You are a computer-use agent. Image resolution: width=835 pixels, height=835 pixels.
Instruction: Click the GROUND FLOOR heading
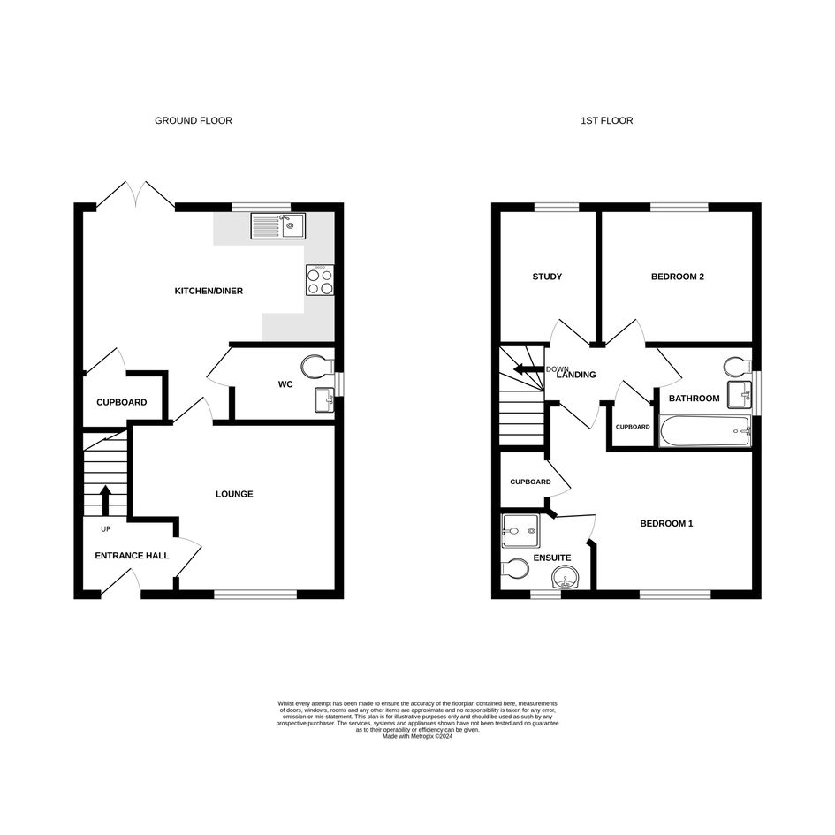[194, 121]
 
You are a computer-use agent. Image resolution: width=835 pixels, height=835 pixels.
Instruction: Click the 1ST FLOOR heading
[606, 121]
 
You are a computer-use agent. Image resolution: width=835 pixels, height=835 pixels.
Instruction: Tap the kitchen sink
[278, 226]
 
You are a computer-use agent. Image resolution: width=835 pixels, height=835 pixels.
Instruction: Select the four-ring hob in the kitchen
[320, 280]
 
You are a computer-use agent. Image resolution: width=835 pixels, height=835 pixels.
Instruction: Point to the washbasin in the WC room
[324, 400]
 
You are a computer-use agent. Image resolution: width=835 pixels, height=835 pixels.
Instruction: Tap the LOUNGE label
[234, 494]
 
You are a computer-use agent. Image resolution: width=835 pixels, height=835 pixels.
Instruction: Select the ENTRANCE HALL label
[132, 556]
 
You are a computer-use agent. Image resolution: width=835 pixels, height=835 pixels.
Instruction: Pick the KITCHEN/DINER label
[209, 291]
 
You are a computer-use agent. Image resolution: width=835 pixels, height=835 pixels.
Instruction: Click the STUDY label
[547, 277]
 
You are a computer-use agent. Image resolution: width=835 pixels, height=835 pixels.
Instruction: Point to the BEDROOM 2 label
[678, 277]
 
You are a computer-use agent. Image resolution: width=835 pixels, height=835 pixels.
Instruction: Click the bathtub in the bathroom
[705, 431]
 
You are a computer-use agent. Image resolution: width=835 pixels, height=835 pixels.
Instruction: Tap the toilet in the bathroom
[738, 367]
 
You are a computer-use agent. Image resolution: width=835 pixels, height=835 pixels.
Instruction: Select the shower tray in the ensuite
[520, 530]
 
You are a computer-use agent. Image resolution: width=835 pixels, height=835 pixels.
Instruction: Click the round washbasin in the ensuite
[566, 577]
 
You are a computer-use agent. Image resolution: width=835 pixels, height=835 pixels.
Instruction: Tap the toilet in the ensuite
[514, 567]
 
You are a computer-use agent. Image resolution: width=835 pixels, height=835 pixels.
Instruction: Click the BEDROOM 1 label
[666, 523]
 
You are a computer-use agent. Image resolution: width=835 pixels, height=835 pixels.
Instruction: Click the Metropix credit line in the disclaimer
[417, 737]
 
